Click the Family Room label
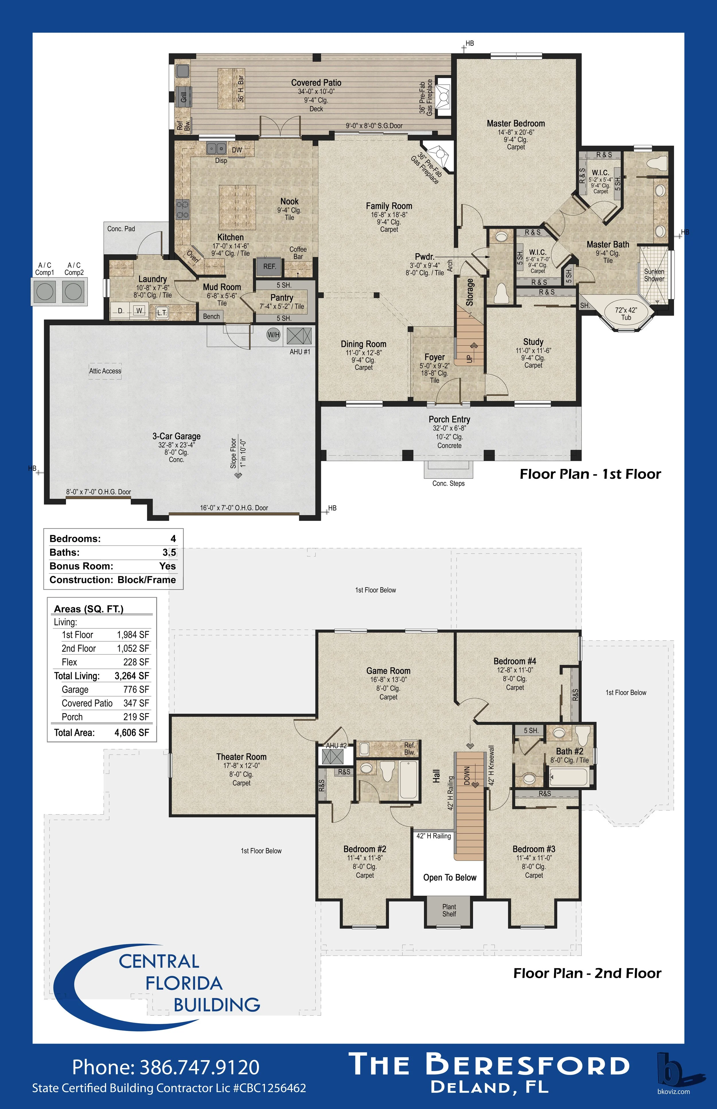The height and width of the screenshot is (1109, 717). tap(389, 206)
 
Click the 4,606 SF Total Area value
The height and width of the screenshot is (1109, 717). tap(132, 732)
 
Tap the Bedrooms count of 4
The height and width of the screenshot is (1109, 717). tap(173, 539)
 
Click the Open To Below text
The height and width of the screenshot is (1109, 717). tap(450, 877)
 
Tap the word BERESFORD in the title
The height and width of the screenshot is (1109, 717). tap(527, 1065)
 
